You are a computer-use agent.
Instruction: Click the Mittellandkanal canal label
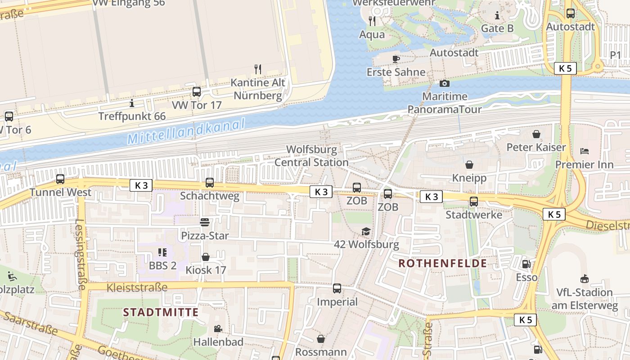(186, 131)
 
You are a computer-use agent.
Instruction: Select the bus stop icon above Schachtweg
(209, 182)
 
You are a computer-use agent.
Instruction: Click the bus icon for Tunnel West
(60, 179)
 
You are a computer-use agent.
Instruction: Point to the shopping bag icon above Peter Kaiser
(536, 134)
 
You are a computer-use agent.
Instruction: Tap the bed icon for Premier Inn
(584, 151)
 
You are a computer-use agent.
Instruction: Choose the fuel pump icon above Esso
(526, 264)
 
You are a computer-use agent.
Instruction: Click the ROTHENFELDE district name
(443, 263)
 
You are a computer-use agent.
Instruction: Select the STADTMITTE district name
(161, 312)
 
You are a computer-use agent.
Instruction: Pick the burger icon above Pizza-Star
(205, 222)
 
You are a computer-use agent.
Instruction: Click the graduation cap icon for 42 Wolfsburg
(366, 231)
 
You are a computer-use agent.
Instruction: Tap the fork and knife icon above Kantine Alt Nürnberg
(258, 69)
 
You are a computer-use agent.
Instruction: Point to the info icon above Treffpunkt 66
(132, 103)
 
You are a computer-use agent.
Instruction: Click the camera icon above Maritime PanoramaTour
(444, 83)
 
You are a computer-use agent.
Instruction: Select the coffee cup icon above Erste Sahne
(396, 58)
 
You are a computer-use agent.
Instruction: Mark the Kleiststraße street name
(137, 287)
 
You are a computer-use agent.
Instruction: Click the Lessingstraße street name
(81, 254)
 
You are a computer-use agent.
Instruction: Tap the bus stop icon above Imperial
(337, 288)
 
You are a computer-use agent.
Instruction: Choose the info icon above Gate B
(497, 16)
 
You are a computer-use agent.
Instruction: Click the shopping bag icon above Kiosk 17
(206, 257)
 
